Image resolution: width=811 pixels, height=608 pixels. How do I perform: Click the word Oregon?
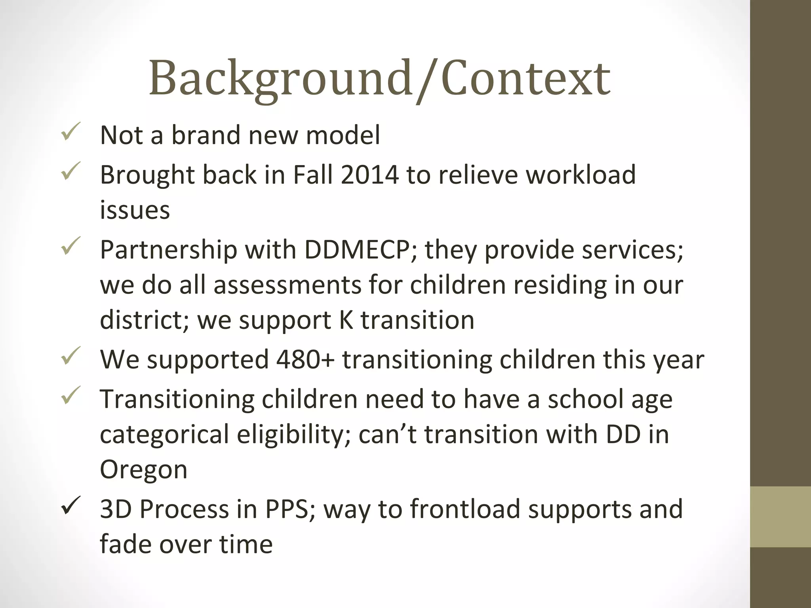coord(143,470)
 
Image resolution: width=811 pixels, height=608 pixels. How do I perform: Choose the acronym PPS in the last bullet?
coord(287,509)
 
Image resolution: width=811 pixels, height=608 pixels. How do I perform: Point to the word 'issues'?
coord(135,210)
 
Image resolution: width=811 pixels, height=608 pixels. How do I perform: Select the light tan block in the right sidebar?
coord(780,517)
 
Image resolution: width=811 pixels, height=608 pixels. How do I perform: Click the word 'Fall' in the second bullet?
coord(313,175)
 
